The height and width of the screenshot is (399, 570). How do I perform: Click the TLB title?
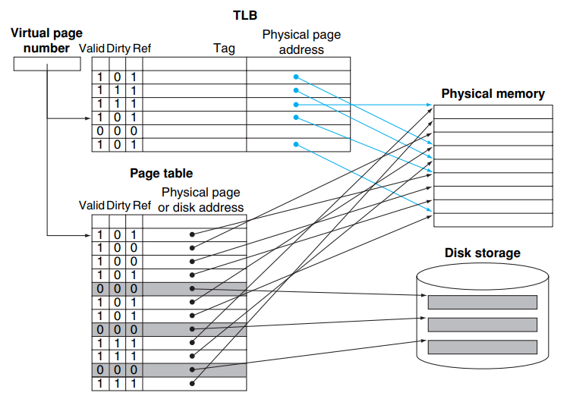(245, 14)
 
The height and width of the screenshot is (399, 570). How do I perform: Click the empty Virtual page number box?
(47, 65)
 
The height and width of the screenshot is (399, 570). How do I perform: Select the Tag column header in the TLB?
(224, 49)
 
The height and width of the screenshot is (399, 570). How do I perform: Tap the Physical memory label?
(493, 94)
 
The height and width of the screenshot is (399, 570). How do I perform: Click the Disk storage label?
(483, 253)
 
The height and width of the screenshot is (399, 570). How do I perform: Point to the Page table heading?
(161, 174)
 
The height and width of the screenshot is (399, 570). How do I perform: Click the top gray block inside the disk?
(482, 302)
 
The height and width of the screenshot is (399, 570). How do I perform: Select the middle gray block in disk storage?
(482, 325)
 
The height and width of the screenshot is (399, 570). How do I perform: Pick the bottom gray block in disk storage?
(482, 347)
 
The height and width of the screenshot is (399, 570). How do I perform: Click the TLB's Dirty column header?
(118, 49)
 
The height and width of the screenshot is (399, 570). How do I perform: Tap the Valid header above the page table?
(91, 206)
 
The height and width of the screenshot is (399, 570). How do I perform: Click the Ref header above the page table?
(141, 206)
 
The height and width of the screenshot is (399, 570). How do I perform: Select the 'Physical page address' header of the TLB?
(301, 42)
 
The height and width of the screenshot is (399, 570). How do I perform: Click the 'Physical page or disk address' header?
(202, 199)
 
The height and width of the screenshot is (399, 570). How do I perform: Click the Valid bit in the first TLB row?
(99, 77)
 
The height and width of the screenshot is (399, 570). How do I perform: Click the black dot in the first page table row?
(193, 234)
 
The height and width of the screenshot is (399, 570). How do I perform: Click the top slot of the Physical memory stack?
(493, 112)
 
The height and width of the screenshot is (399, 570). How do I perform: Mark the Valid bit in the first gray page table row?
(99, 289)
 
